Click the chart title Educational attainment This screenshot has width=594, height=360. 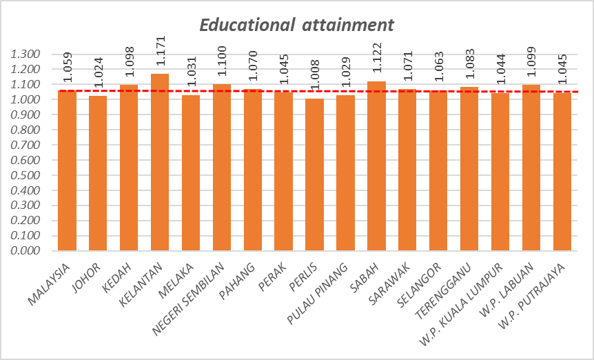point(296,25)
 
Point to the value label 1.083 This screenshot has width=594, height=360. point(469,69)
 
